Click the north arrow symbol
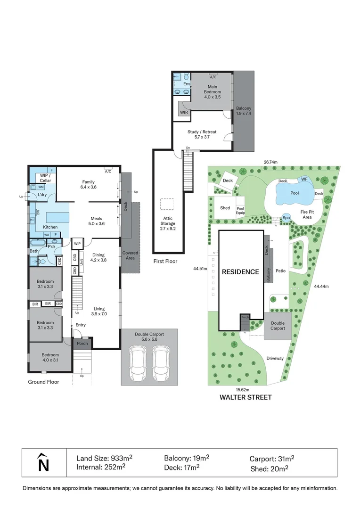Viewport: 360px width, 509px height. coord(43,462)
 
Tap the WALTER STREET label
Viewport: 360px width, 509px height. coord(246,397)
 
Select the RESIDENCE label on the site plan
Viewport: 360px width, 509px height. coord(241,271)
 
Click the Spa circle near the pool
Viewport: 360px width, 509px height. coord(286,218)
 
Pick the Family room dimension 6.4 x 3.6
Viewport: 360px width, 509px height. coord(89,187)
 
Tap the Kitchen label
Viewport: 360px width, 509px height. coord(50,227)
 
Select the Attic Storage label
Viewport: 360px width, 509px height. coord(168,221)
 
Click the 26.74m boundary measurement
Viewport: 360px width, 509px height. coord(270,162)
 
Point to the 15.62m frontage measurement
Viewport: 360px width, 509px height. coord(243,389)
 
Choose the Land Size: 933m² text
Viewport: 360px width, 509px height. coord(105,459)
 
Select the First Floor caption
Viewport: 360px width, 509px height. coord(165,261)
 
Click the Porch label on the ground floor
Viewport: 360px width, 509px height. coord(82,343)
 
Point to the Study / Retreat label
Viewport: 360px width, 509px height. coord(202,135)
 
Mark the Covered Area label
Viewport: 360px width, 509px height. coord(130,255)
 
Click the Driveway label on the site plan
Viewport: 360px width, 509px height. coord(275,358)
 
